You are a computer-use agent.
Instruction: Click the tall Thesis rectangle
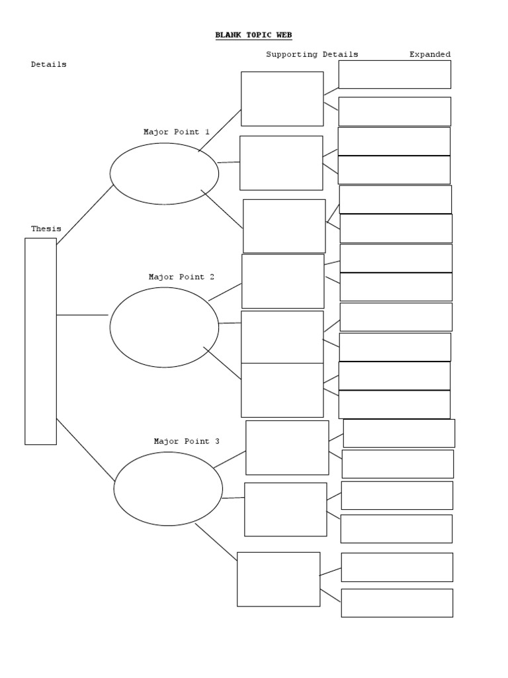[40, 341]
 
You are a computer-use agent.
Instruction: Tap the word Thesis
[46, 229]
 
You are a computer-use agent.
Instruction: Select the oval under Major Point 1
[164, 173]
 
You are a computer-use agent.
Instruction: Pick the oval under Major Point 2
[164, 327]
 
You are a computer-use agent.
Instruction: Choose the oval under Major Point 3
[168, 489]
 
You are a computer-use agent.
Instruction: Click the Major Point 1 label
[177, 132]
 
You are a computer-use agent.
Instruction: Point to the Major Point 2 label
[181, 277]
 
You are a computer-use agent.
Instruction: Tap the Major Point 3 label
[187, 442]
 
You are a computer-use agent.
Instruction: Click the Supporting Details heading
[312, 55]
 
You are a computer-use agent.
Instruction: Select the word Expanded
[430, 55]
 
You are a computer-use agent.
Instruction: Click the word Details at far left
[48, 65]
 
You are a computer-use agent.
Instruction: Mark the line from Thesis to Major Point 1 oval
[85, 215]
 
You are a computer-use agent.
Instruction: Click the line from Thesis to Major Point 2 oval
[82, 315]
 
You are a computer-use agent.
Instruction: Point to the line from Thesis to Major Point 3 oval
[85, 449]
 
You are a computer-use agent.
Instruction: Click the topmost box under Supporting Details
[282, 99]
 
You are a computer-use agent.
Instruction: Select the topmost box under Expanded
[394, 74]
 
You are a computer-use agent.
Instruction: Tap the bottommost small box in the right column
[397, 603]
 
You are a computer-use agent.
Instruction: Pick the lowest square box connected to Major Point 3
[278, 579]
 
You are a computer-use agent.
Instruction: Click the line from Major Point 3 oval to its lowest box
[216, 542]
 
